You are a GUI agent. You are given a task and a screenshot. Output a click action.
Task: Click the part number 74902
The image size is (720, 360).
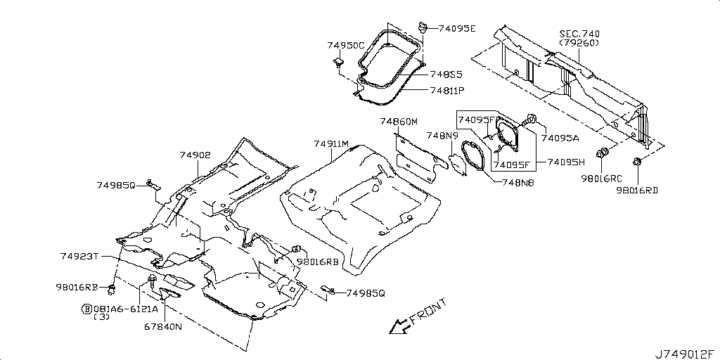click(x=195, y=155)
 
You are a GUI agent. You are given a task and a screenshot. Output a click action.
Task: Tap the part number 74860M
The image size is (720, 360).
click(x=399, y=121)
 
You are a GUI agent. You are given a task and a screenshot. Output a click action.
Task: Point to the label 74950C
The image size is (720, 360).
click(x=346, y=46)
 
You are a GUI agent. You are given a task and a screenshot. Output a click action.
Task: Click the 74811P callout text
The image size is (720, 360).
click(x=447, y=91)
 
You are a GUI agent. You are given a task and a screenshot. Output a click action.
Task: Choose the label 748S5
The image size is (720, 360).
click(x=446, y=74)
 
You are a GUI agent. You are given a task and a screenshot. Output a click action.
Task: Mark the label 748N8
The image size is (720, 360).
click(x=518, y=182)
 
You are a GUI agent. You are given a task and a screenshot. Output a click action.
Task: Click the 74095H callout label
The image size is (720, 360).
click(x=567, y=162)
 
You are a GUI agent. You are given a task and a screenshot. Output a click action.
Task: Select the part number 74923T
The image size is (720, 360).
click(x=79, y=256)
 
